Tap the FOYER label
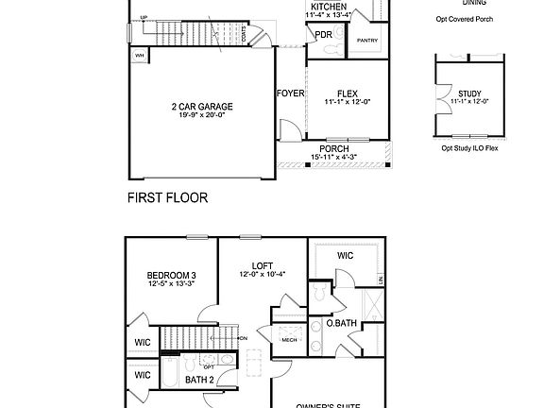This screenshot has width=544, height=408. click(290, 93)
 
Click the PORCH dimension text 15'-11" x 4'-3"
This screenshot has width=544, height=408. click(333, 158)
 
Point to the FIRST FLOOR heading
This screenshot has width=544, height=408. click(167, 198)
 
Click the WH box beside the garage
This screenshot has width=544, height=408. click(140, 56)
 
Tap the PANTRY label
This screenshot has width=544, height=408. click(366, 41)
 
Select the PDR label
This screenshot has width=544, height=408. click(324, 35)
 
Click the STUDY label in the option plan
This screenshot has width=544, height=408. click(469, 93)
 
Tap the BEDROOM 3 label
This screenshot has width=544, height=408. click(171, 274)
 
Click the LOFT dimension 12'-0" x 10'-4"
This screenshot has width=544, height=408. click(262, 275)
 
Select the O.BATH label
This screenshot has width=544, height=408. click(340, 323)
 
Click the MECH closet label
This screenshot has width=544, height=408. click(289, 340)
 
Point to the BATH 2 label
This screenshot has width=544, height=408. click(198, 380)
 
